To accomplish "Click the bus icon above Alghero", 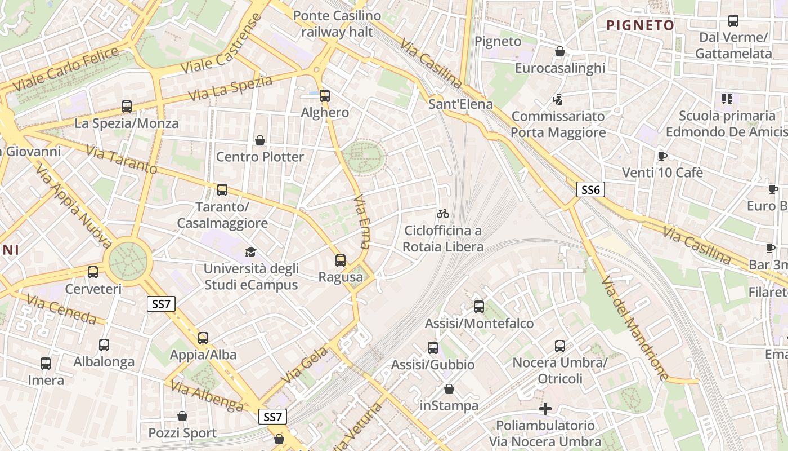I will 324,95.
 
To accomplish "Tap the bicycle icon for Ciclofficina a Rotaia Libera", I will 443,214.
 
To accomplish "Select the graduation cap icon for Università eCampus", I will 250,252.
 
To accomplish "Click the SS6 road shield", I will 590,189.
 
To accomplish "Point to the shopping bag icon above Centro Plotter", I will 260,140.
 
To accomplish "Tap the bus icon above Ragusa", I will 341,260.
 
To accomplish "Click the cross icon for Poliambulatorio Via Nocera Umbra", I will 545,409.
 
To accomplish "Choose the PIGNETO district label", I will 641,25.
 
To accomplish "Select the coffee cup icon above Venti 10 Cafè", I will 662,156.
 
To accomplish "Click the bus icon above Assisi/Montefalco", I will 479,306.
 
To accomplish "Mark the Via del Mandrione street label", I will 634,328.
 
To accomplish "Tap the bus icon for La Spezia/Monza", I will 127,106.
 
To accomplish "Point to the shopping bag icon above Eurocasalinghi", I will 560,51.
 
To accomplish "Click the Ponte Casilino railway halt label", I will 337,24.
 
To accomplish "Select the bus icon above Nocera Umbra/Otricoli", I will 560,346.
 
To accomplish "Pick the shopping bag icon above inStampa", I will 449,389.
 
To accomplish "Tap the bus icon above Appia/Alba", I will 203,338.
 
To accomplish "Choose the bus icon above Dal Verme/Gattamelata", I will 733,21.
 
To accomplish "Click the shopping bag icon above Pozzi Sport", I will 182,416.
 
